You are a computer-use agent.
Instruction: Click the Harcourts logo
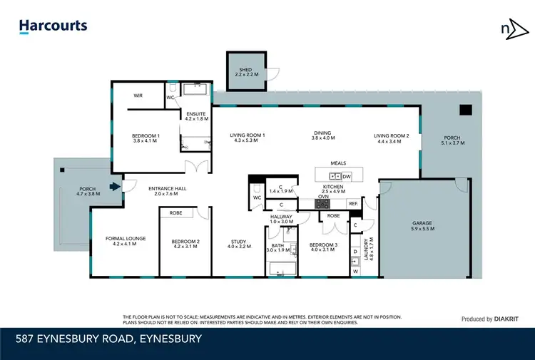(53, 26)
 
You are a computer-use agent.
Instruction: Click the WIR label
(138, 95)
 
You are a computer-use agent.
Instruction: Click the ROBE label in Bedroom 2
(175, 212)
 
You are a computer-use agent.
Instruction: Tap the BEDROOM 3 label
(322, 246)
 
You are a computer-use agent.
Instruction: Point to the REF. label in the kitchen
(353, 203)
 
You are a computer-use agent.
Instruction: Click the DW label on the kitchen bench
(347, 176)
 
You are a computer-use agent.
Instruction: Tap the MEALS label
(338, 163)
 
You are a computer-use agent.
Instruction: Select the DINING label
(322, 133)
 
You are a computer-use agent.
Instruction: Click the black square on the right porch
(465, 110)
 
